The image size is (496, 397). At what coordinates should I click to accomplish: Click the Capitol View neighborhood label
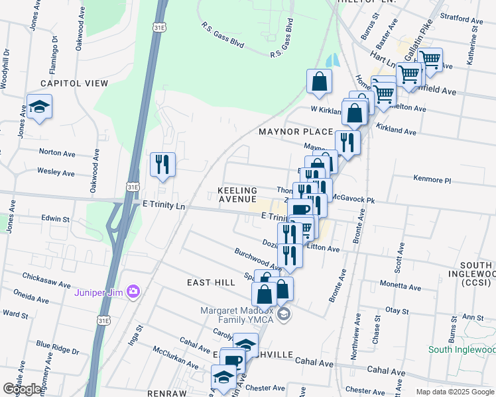pyautogui.click(x=74, y=83)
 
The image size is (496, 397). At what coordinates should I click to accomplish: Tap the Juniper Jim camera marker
pyautogui.click(x=133, y=291)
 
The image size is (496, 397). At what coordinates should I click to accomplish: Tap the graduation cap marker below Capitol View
pyautogui.click(x=40, y=107)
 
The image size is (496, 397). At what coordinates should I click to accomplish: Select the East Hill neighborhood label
pyautogui.click(x=211, y=283)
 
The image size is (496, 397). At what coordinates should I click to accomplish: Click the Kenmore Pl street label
pyautogui.click(x=432, y=180)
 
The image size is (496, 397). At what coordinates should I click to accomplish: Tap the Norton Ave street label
pyautogui.click(x=57, y=152)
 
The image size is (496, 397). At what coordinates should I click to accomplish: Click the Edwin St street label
pyautogui.click(x=56, y=218)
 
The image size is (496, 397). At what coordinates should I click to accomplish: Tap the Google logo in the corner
pyautogui.click(x=23, y=389)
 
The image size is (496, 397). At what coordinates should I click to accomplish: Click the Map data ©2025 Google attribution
pyautogui.click(x=454, y=392)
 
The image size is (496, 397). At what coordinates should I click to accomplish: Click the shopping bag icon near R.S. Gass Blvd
pyautogui.click(x=319, y=82)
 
